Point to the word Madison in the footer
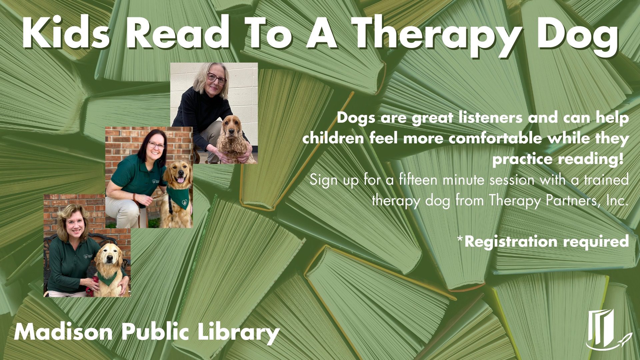pyautogui.click(x=63, y=332)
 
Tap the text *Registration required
pyautogui.click(x=543, y=241)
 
